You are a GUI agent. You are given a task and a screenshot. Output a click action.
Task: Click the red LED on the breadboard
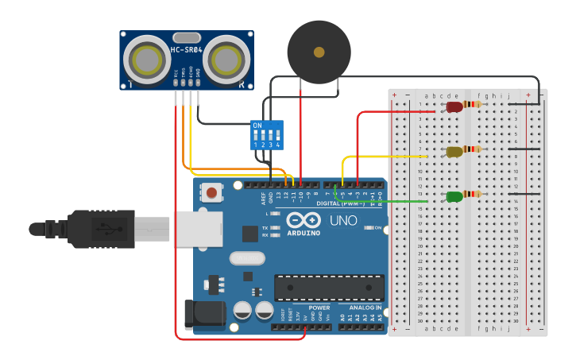[x=454, y=106]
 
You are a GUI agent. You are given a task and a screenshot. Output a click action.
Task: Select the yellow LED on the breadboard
[x=454, y=151]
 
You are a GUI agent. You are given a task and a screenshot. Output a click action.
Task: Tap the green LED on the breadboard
[x=454, y=196]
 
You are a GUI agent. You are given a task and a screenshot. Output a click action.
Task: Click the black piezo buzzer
[x=319, y=52]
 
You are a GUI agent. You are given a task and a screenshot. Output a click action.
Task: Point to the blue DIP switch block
[x=266, y=135]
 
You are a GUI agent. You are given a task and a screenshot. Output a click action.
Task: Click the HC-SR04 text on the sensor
[x=187, y=50]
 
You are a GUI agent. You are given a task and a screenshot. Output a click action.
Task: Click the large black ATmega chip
[x=329, y=288]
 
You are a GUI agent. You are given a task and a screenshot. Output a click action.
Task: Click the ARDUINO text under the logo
[x=303, y=233]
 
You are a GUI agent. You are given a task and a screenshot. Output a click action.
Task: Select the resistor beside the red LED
[x=474, y=104]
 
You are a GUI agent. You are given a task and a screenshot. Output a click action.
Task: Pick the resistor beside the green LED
[x=474, y=194]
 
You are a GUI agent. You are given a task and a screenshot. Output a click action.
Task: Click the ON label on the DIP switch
[x=257, y=126]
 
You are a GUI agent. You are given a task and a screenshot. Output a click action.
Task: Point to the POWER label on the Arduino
[x=319, y=307]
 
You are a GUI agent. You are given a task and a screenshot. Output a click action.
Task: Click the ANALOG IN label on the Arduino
[x=365, y=307]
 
